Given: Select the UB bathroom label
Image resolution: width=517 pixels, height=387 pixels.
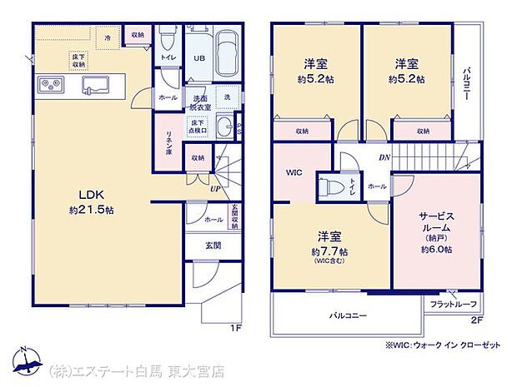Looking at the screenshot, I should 200,58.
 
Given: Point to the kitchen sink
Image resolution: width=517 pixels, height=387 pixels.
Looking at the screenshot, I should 94,85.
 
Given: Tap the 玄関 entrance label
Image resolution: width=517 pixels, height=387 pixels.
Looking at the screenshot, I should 213,246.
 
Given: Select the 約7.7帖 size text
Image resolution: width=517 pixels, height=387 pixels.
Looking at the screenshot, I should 329,251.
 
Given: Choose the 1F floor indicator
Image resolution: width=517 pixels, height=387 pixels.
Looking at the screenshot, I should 237,327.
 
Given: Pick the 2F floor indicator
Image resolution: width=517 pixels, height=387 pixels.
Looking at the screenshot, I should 477,320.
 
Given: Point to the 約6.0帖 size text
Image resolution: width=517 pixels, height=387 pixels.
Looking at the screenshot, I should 436,249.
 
